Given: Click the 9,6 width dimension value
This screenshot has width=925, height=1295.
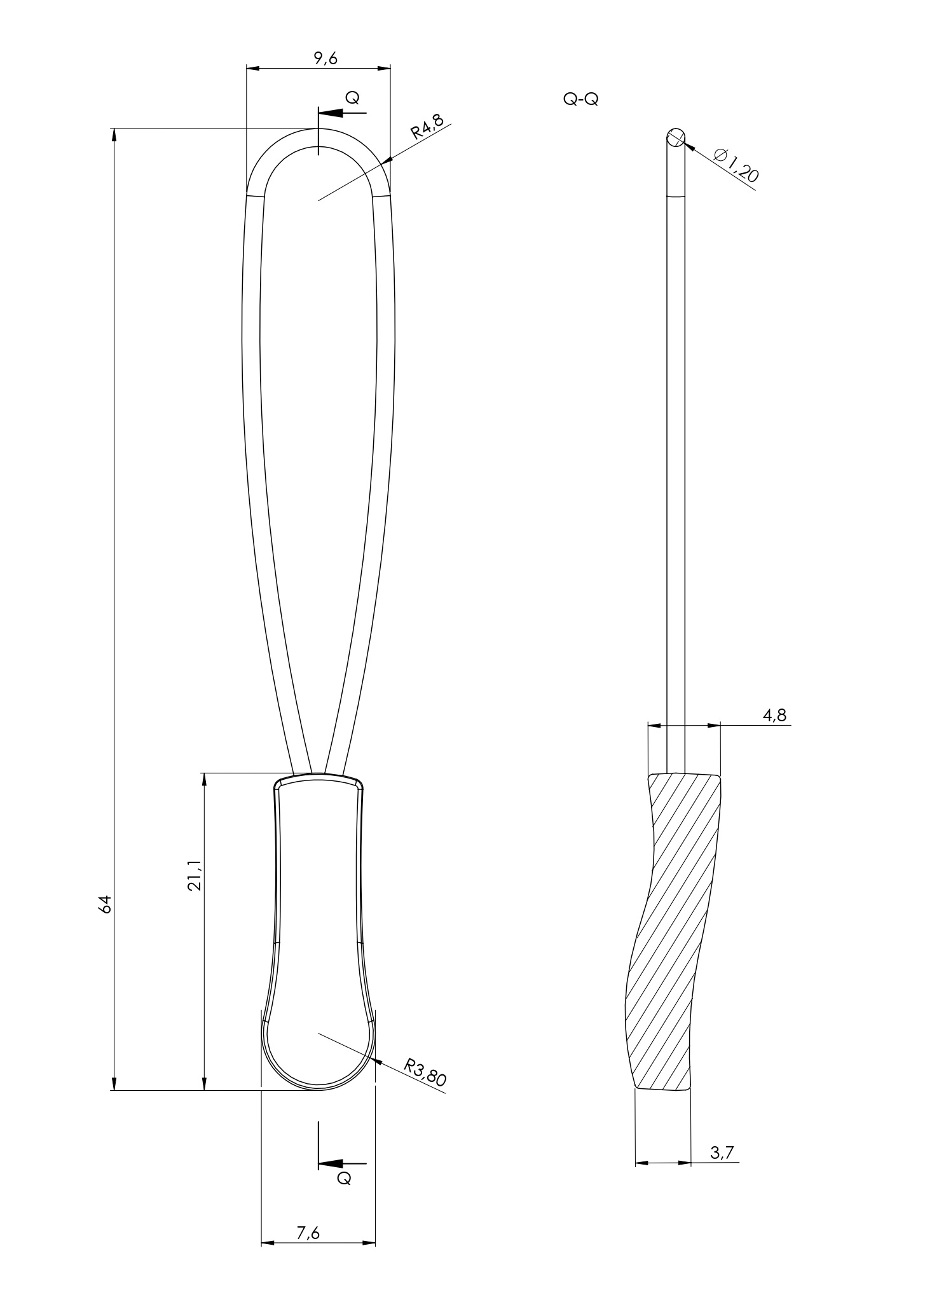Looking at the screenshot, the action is point(325,59).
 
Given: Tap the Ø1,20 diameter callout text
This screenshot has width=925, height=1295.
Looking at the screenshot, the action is point(736,165).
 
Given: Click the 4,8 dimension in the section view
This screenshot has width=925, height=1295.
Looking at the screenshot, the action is point(775,715).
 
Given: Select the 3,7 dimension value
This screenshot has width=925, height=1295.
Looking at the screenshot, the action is point(722,1153).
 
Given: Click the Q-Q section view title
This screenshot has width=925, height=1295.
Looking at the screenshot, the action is point(580,100).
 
